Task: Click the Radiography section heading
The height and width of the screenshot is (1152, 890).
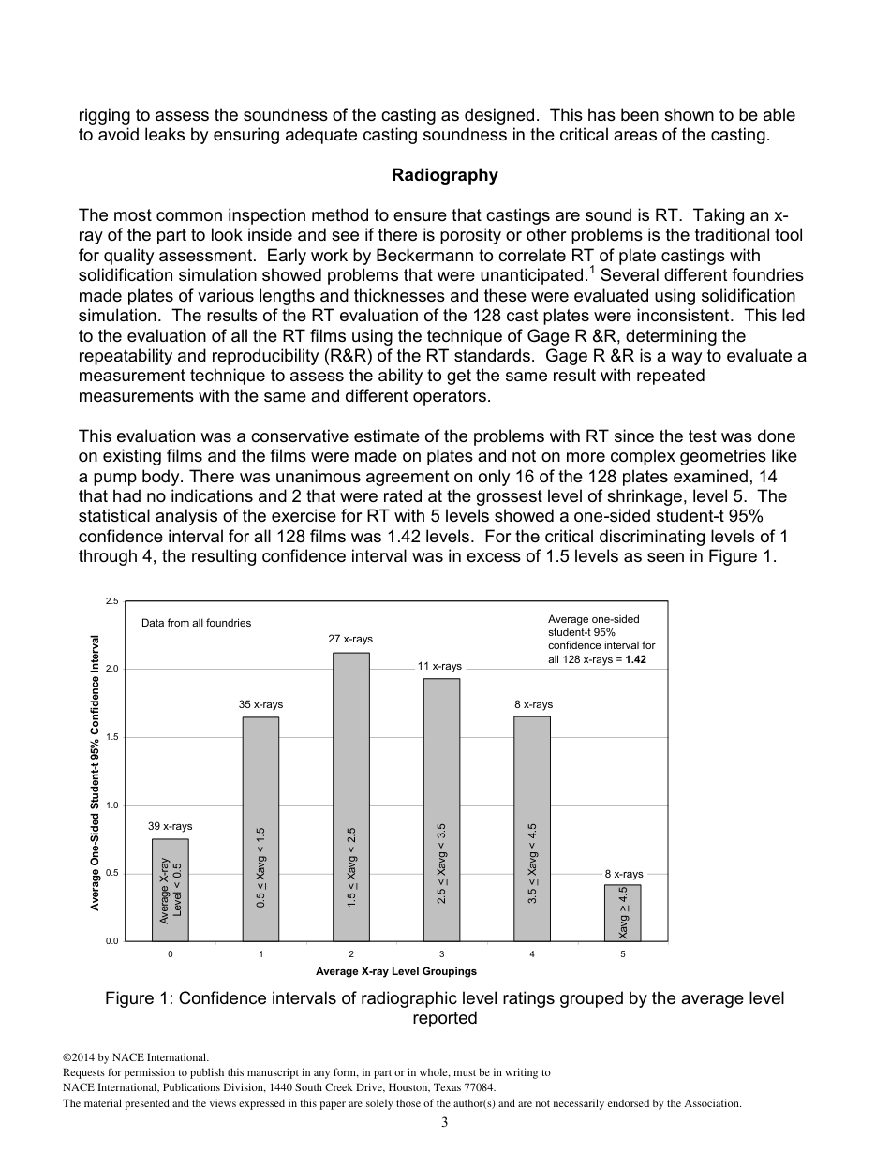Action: [x=444, y=175]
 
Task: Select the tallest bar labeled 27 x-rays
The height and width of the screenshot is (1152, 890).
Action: [x=351, y=796]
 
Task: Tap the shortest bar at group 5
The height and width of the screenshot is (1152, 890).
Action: [x=623, y=912]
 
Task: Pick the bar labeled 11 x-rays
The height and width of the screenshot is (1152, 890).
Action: [x=441, y=809]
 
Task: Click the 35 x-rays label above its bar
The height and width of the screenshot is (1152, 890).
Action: [x=260, y=704]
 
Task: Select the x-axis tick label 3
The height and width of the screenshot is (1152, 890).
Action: [x=441, y=954]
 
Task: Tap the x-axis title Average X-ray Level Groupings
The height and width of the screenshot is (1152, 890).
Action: [x=396, y=971]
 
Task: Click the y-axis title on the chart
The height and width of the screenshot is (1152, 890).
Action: [x=96, y=773]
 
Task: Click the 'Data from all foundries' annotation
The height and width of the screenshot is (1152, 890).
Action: [x=196, y=623]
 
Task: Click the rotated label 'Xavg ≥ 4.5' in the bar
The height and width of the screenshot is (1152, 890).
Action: [x=623, y=912]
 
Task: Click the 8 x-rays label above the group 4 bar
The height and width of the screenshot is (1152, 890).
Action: [x=532, y=704]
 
